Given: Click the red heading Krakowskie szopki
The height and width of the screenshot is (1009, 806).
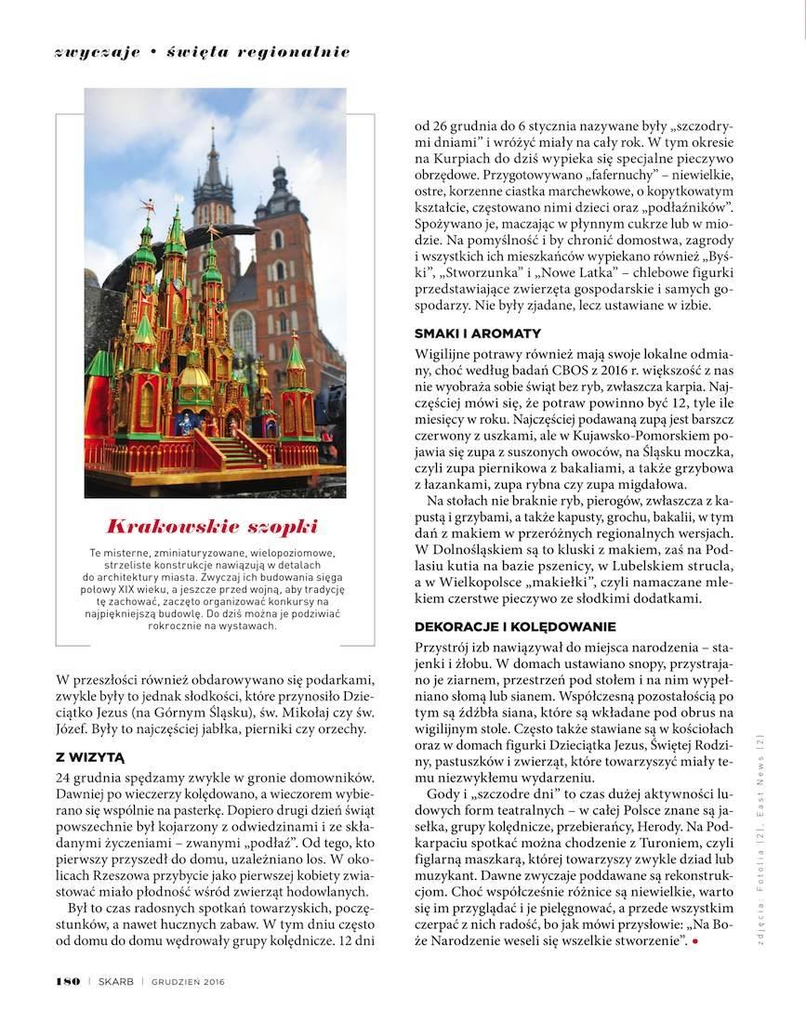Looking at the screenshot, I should coord(212,526).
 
